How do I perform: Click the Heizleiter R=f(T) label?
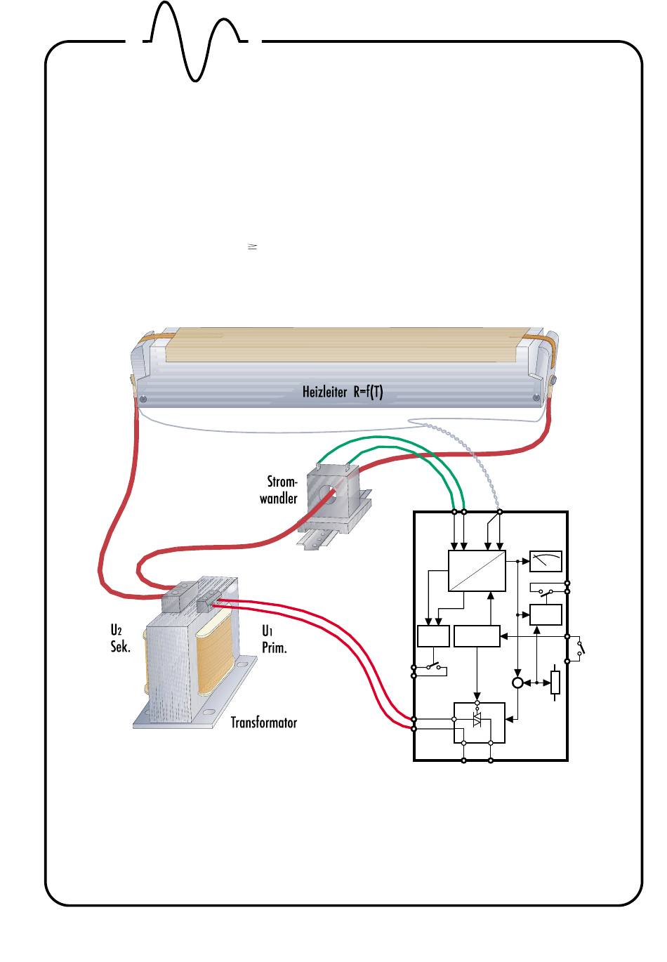coord(343,392)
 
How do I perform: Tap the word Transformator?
coord(264,722)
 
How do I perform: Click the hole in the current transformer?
coord(328,495)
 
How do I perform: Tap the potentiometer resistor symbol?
coord(555,683)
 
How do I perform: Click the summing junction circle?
coord(517,683)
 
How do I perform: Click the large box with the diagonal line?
coord(477,570)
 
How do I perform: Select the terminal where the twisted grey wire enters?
coord(499,511)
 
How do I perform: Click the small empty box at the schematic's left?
coord(432,635)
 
